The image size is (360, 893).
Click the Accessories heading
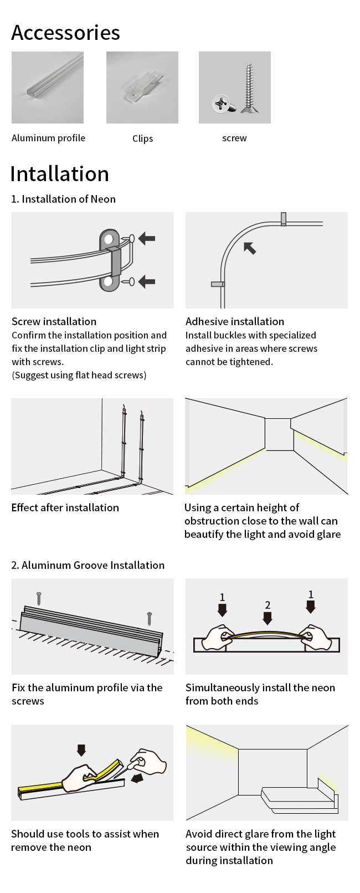tap(65, 33)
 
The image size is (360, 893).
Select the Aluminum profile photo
tap(48, 88)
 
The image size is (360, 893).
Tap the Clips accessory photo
tap(142, 88)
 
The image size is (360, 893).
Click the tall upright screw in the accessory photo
tap(249, 88)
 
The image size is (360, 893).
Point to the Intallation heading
tap(59, 174)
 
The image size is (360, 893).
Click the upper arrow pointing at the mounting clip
tap(147, 239)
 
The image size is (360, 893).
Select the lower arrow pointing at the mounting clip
tap(147, 281)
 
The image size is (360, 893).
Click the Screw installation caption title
tap(54, 321)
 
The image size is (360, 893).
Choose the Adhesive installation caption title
tap(235, 321)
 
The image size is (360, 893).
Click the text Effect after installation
tap(65, 507)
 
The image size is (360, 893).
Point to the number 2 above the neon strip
tap(268, 605)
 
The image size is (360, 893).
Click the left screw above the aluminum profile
tap(39, 598)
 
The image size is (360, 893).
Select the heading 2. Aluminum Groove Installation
tap(88, 565)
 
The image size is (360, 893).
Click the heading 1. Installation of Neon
tap(63, 199)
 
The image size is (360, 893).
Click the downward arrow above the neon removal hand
tap(81, 750)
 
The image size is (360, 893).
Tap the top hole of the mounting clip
tap(109, 239)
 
